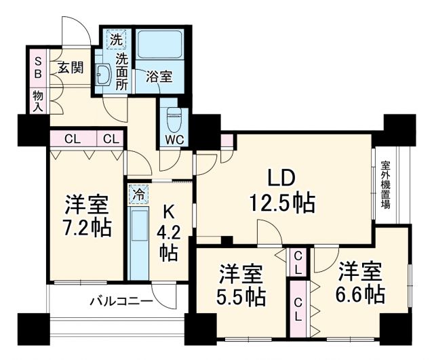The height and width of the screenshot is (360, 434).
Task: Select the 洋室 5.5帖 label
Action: (x=241, y=285)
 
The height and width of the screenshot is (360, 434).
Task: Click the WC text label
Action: (x=174, y=140)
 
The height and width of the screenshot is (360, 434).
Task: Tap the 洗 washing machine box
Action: (x=117, y=40)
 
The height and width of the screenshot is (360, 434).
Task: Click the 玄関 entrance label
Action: (x=69, y=68)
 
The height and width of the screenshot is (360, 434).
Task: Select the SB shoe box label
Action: (x=37, y=65)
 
